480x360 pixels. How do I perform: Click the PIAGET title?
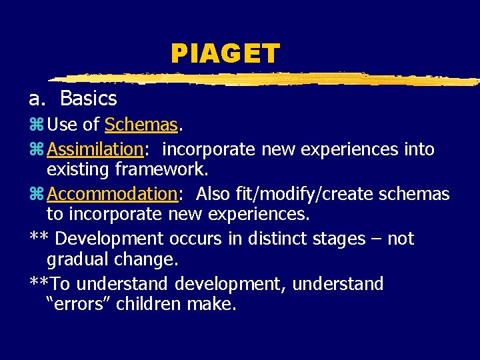[x=225, y=53]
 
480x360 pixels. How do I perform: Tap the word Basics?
[x=88, y=99]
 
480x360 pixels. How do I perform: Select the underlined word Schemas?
[x=141, y=125]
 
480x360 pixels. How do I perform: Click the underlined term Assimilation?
[x=96, y=149]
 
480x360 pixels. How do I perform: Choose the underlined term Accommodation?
[x=111, y=194]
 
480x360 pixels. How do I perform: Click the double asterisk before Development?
[x=39, y=237]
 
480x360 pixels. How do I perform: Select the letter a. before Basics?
[x=36, y=99]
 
